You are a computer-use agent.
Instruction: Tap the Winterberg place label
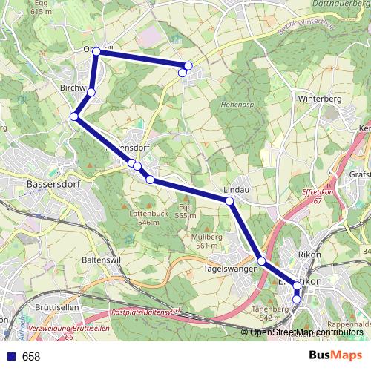318,99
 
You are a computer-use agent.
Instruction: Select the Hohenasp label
237,105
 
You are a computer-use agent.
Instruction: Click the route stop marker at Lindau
229,200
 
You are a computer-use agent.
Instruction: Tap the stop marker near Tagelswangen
261,260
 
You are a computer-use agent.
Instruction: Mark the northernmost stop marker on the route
96,51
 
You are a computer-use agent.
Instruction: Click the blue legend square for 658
10,357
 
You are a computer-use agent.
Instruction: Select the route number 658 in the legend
31,357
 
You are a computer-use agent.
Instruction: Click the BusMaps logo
335,356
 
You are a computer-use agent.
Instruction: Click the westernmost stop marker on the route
74,116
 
